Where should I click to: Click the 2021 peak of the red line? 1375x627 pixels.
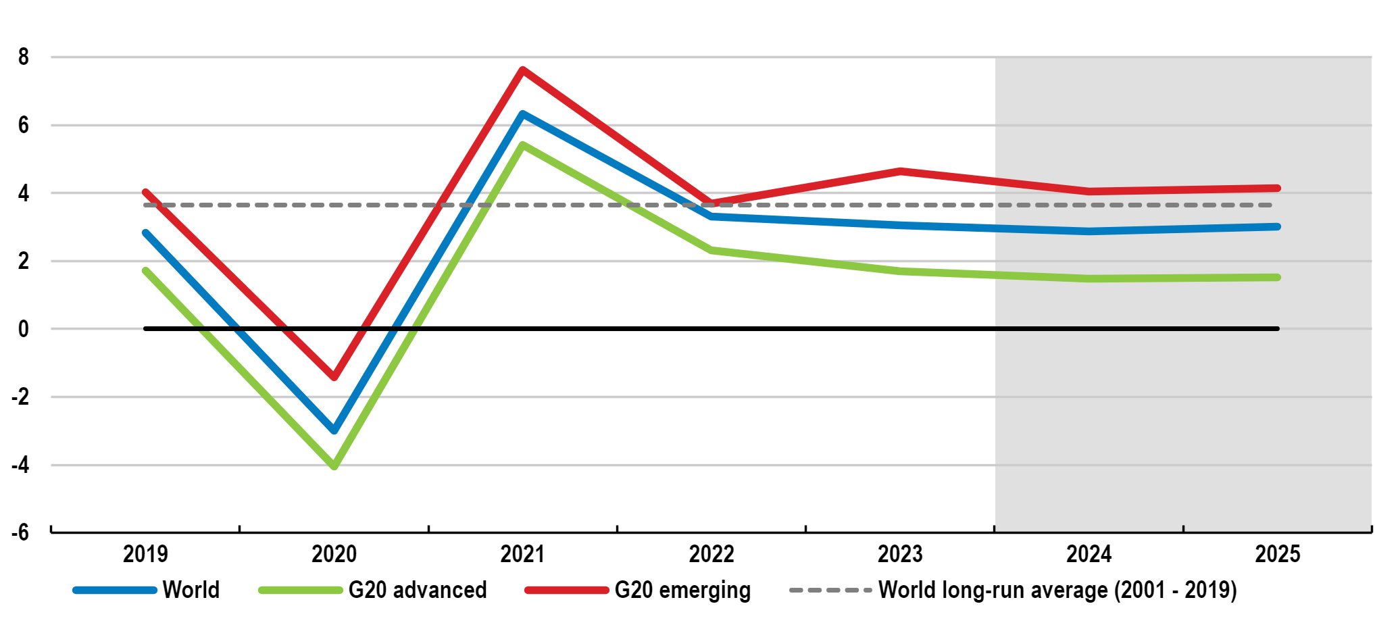[522, 70]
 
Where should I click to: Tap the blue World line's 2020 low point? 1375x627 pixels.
[334, 430]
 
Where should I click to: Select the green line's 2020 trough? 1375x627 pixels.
[334, 466]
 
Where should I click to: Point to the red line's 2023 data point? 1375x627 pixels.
[900, 172]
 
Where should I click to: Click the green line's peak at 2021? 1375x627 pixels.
[522, 145]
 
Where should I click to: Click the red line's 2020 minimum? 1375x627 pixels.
[334, 376]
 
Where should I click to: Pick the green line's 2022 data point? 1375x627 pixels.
[711, 250]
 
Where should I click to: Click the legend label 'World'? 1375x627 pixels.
[191, 590]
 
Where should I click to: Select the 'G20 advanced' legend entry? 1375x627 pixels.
[418, 590]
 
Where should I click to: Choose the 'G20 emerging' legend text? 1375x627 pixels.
[682, 591]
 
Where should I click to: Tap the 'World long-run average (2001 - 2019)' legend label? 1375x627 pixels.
[1057, 591]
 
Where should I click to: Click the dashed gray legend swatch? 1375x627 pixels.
[830, 590]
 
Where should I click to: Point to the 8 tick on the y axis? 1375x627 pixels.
[24, 57]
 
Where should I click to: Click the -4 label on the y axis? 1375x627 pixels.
[20, 465]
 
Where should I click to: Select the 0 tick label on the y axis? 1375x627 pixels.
[24, 329]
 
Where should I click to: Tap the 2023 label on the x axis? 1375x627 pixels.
[900, 554]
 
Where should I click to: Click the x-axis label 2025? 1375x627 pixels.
[1278, 554]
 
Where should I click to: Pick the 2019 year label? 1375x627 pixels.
[145, 554]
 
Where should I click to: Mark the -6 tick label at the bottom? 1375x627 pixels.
[20, 532]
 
